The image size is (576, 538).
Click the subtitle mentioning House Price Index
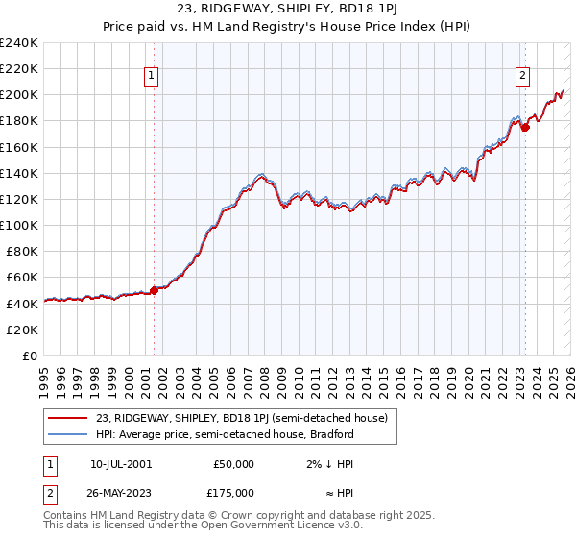287,28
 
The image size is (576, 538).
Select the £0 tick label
29,355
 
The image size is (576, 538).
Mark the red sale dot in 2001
154,290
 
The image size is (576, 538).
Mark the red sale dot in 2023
525,127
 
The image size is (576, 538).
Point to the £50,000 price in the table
234,464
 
